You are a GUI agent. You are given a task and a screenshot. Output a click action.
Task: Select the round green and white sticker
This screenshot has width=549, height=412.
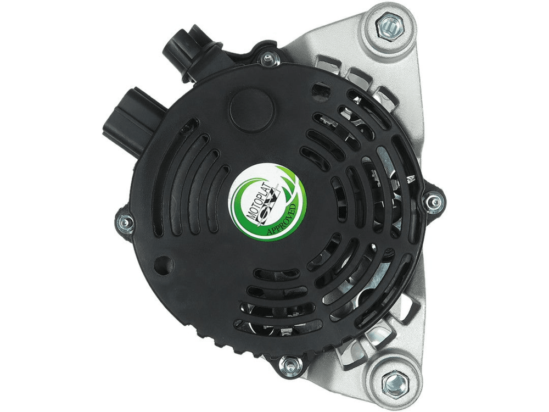[x=268, y=202]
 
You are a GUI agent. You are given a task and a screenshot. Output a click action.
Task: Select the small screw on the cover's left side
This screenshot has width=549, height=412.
[x=125, y=222]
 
